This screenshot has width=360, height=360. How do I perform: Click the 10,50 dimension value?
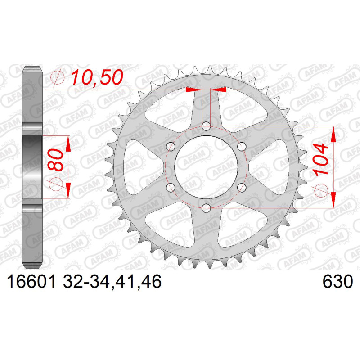click(x=97, y=77)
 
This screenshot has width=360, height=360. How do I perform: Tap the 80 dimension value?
click(x=56, y=160)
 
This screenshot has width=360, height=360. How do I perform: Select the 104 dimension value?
click(x=321, y=160)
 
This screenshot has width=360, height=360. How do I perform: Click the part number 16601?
click(x=31, y=282)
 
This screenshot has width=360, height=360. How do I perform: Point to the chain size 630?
click(x=337, y=282)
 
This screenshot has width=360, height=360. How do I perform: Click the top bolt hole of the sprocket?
click(x=206, y=126)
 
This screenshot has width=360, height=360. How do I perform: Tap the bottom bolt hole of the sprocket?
click(x=206, y=208)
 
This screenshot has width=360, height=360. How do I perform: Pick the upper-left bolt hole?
click(x=171, y=147)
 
